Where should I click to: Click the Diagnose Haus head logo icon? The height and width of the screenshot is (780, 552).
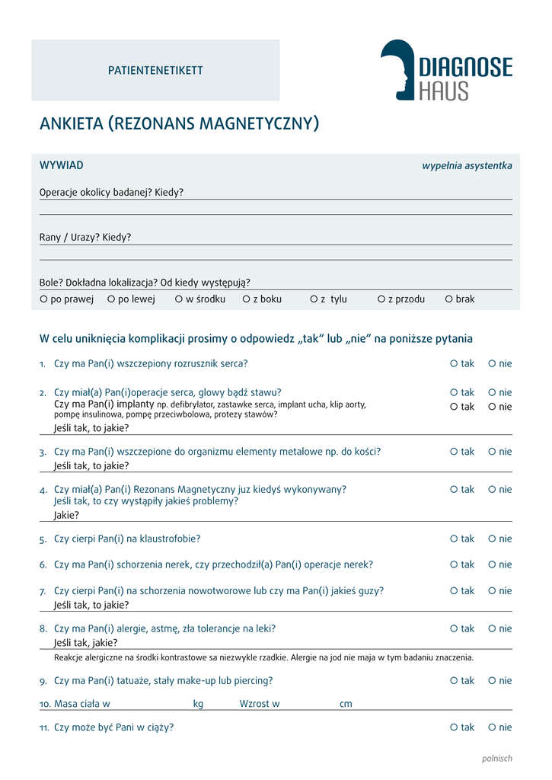point(397,69)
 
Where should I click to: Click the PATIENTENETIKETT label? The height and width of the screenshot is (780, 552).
point(155,71)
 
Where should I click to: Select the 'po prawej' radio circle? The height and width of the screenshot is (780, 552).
point(43,299)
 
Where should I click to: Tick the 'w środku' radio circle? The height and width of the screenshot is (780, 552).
point(179,299)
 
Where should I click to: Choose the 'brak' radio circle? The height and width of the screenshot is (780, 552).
point(448,299)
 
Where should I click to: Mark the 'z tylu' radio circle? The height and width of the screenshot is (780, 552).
point(313,299)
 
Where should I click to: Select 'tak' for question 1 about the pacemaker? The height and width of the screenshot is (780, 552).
point(454,363)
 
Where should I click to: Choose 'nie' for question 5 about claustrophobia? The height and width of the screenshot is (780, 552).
point(492,539)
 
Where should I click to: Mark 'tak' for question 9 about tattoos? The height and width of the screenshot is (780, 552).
point(454,680)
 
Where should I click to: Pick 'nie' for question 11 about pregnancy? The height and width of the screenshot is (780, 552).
point(492,727)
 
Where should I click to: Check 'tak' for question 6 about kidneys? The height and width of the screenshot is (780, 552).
point(454,564)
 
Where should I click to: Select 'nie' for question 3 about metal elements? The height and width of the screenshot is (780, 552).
point(492,452)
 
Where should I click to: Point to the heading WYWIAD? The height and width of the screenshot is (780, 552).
point(61,165)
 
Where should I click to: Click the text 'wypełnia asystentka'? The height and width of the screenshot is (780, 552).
point(467,166)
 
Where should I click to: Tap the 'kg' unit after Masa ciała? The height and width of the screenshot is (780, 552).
point(198,704)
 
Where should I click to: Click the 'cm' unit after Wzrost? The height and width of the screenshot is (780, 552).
point(346,704)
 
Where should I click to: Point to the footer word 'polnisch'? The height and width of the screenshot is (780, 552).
point(497,758)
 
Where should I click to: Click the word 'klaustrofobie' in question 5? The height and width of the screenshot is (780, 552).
point(169,539)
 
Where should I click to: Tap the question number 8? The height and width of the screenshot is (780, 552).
point(43,629)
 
